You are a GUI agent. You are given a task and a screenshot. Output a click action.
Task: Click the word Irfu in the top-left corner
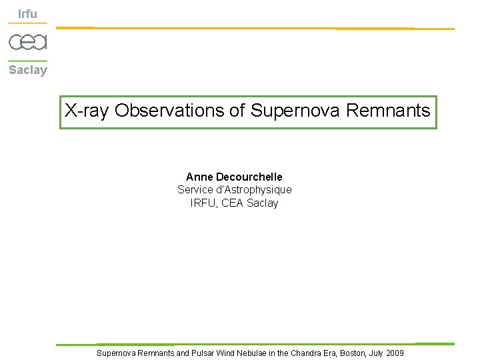(x=27, y=14)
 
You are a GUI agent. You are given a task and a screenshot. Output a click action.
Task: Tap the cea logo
(x=28, y=42)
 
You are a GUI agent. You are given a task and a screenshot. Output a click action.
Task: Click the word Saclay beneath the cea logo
(x=28, y=70)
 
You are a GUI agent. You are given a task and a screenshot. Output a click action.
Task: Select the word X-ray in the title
(x=87, y=111)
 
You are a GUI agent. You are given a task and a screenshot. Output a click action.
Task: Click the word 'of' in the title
(x=237, y=111)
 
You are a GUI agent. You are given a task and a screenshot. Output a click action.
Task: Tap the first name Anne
(x=199, y=177)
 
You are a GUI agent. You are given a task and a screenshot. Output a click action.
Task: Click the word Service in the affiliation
(x=194, y=190)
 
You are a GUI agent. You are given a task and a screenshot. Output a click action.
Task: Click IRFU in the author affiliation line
(x=203, y=203)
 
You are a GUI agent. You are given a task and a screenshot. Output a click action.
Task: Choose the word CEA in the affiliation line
(x=233, y=203)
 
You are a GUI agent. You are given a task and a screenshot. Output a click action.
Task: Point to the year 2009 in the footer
(x=395, y=353)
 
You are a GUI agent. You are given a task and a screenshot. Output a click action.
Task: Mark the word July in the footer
(x=377, y=353)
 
